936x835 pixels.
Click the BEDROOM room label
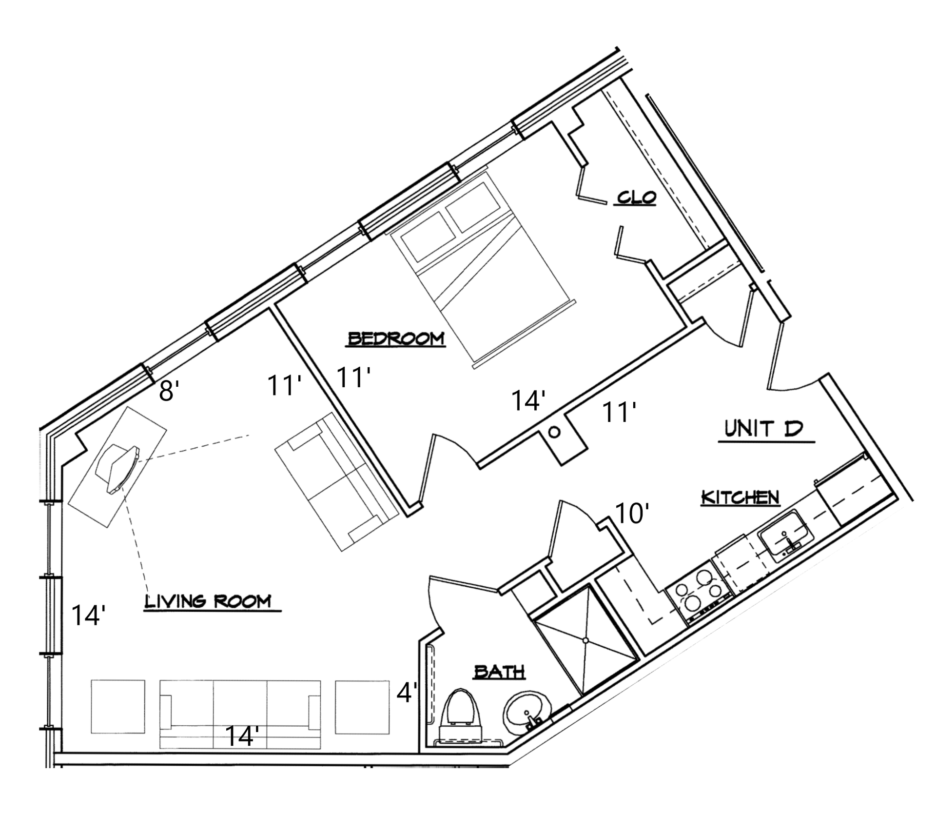tap(395, 338)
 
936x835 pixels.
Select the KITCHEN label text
tap(740, 497)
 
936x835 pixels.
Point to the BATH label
tap(499, 672)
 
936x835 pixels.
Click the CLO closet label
tap(636, 197)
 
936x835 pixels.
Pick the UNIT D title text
tap(763, 429)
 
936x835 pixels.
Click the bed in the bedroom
tap(480, 271)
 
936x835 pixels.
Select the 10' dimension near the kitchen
tap(632, 513)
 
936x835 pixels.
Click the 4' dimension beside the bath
tap(407, 693)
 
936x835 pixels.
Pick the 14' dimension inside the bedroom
tap(527, 400)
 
